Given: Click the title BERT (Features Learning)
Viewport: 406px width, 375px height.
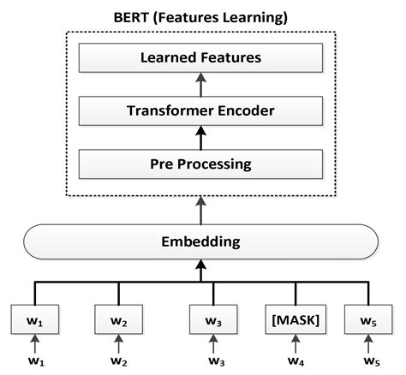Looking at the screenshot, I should (202, 16).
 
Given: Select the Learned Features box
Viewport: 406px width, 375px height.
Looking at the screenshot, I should (202, 58).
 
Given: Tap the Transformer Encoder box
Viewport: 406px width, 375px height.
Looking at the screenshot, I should (202, 110).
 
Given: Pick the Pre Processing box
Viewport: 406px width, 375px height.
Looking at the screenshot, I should (202, 162).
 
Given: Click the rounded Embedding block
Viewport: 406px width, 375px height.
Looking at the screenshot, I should (202, 241).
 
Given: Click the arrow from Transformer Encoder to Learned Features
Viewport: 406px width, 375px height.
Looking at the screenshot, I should (202, 84).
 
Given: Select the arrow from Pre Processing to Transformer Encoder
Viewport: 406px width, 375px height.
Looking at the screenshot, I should (202, 136).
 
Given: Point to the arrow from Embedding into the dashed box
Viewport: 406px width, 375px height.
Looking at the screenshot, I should (202, 210).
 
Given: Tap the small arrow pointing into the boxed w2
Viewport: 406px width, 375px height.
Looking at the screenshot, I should (119, 347).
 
